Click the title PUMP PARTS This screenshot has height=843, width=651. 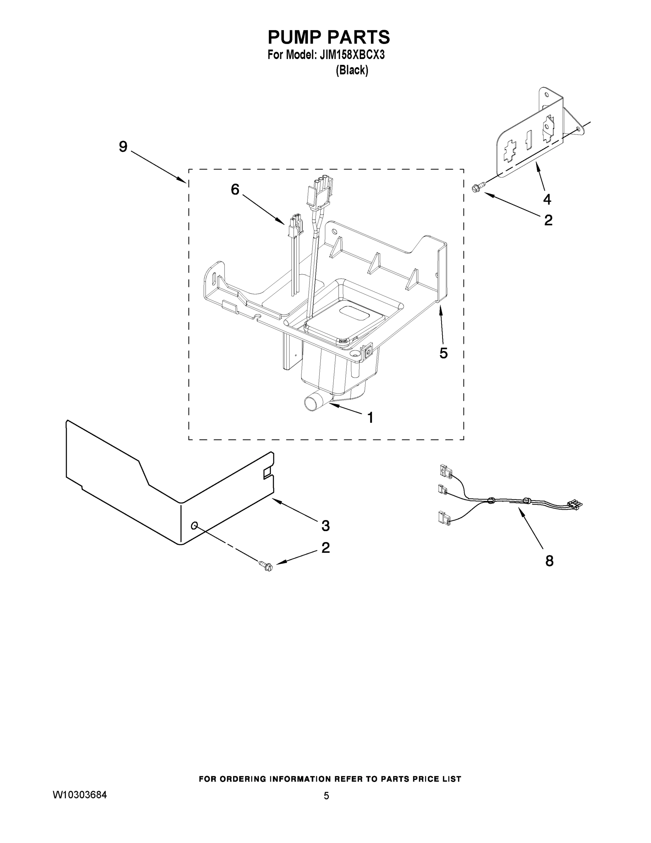[x=328, y=38]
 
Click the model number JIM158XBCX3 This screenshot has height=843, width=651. [x=352, y=55]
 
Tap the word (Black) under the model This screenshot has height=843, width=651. [x=352, y=71]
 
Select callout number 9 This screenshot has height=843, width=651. [x=123, y=147]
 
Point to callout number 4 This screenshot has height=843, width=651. [x=547, y=200]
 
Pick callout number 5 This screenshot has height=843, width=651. [x=444, y=353]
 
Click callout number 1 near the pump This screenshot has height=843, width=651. [x=370, y=418]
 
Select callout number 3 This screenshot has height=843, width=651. [x=326, y=526]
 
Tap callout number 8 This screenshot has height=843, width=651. [x=549, y=561]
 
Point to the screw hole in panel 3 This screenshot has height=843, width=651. [x=194, y=525]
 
